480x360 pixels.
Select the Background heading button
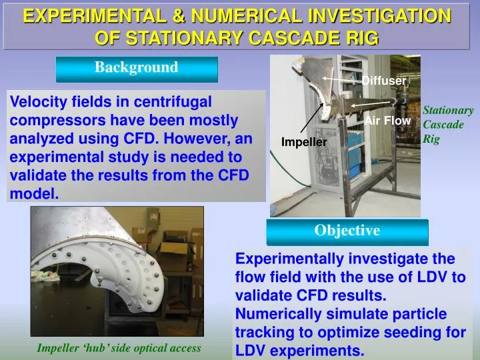[x=137, y=67]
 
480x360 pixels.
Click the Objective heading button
[x=347, y=231]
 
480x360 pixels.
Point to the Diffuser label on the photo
[x=384, y=81]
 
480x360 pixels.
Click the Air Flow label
[x=387, y=121]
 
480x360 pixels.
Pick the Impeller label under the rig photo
[x=303, y=142]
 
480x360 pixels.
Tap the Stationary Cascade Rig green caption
[x=448, y=125]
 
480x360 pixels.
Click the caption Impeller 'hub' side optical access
[x=119, y=348]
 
